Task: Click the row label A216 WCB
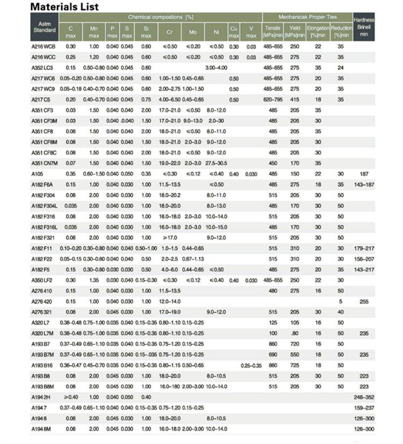pyautogui.click(x=44, y=46)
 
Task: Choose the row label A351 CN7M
pyautogui.click(x=46, y=163)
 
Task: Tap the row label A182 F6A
pyautogui.click(x=44, y=184)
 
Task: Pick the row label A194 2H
pyautogui.click(x=42, y=397)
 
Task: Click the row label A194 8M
pyautogui.click(x=43, y=429)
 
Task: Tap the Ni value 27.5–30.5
pyautogui.click(x=216, y=163)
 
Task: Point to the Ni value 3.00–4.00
pyautogui.click(x=216, y=67)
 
